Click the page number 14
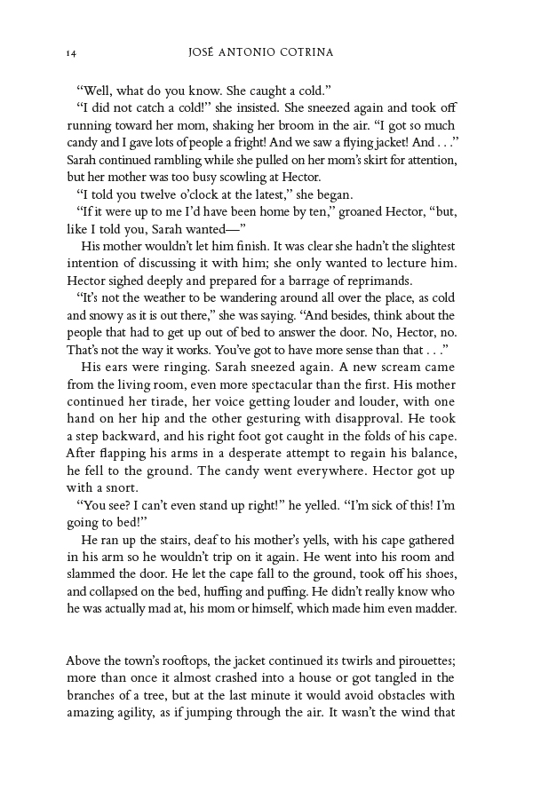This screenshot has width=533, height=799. click(x=70, y=53)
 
